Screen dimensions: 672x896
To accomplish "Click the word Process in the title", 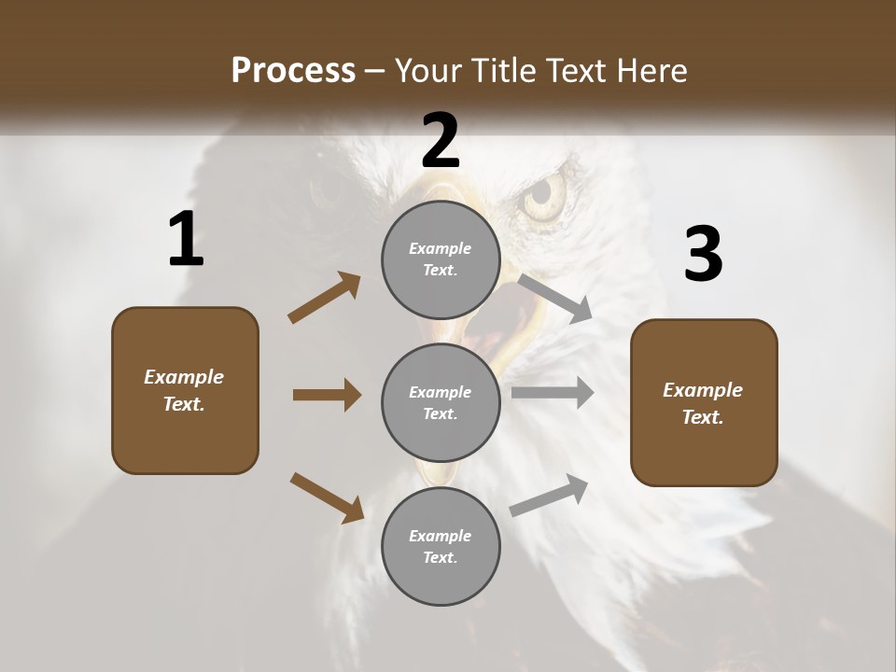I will click(293, 71).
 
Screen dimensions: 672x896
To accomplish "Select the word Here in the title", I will click(652, 71).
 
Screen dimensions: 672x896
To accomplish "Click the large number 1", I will click(186, 240).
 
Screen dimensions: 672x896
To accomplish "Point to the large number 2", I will click(441, 141).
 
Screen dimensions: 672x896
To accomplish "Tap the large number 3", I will click(703, 255).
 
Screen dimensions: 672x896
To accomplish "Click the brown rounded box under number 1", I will click(185, 390).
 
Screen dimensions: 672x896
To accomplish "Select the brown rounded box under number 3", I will click(704, 403).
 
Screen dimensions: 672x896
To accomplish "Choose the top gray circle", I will click(441, 259).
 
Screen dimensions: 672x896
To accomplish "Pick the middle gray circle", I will click(441, 402).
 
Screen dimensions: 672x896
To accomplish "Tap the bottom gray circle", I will click(441, 546).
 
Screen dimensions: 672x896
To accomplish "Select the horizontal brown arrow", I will click(327, 395).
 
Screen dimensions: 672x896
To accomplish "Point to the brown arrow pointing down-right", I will click(327, 497).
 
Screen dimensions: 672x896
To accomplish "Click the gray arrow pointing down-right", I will click(555, 298).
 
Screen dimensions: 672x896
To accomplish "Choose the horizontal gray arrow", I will click(553, 393).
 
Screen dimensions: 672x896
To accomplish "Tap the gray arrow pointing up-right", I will click(550, 495).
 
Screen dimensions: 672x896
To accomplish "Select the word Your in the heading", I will click(423, 71).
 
